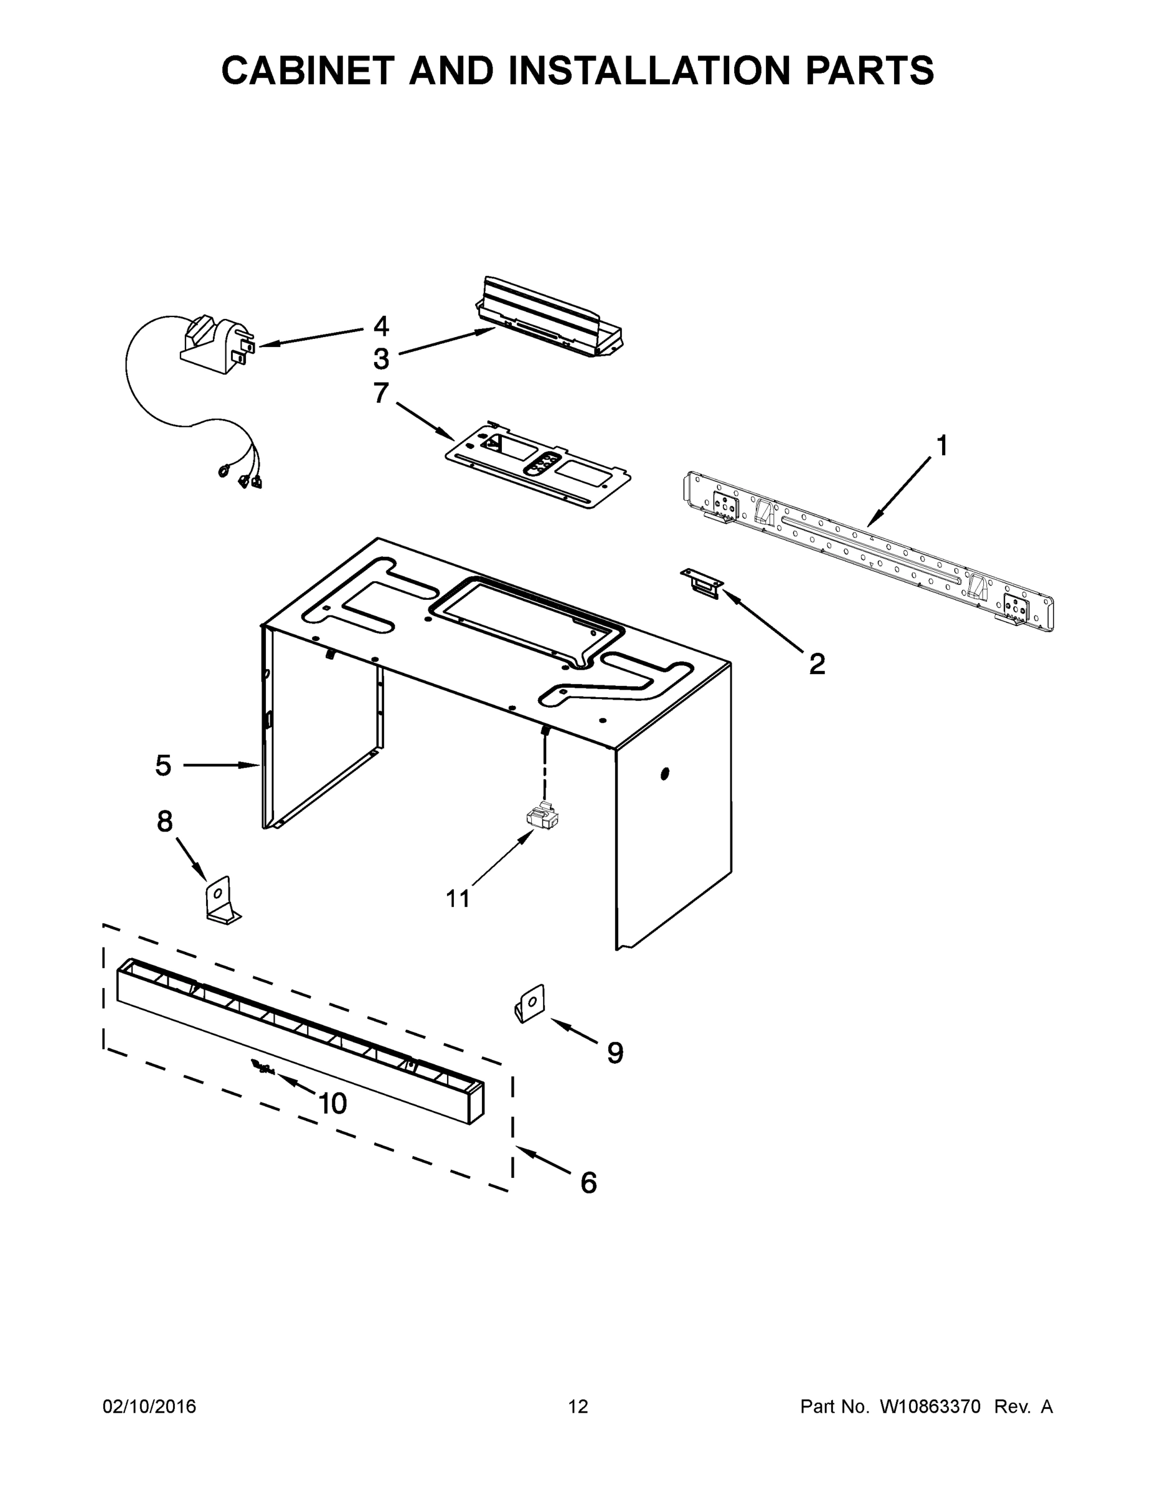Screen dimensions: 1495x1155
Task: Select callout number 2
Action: click(x=817, y=663)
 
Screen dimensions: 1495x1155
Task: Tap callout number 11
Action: click(x=458, y=899)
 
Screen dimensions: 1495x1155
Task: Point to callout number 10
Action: click(x=332, y=1103)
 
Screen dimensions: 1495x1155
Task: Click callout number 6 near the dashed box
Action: click(x=588, y=1183)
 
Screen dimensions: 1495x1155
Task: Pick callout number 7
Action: click(x=381, y=393)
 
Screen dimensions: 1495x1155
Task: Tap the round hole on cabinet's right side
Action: click(x=664, y=774)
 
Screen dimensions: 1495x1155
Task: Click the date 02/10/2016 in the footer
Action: click(x=149, y=1406)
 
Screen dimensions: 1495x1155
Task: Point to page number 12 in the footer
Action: click(x=578, y=1406)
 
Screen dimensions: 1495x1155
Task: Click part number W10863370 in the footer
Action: click(x=930, y=1406)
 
